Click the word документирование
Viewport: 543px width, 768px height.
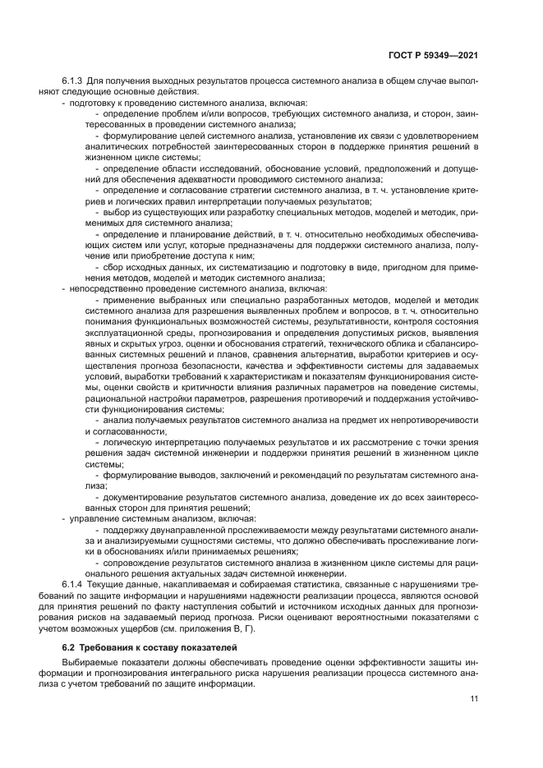(145, 497)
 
